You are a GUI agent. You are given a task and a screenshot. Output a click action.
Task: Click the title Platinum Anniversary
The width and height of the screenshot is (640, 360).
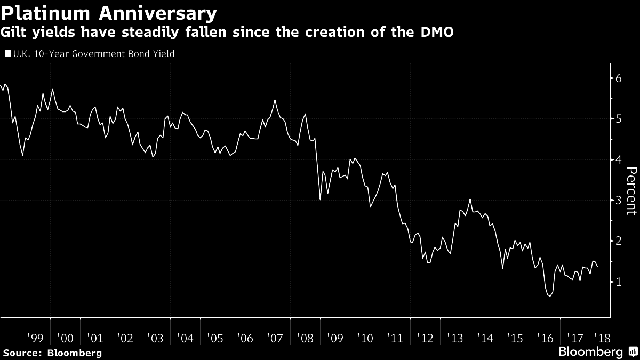(109, 13)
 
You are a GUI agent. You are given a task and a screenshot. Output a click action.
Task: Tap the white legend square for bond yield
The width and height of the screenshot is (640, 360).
(7, 54)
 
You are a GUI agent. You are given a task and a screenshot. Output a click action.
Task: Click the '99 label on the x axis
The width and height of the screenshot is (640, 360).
(36, 338)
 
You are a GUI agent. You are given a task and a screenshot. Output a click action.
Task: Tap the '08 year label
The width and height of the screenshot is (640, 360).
(305, 338)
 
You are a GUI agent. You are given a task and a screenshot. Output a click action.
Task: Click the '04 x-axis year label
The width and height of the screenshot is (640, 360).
(185, 338)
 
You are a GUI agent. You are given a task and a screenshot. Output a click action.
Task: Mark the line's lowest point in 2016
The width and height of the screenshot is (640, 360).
(550, 296)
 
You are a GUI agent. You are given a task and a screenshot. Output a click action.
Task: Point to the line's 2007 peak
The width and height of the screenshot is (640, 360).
(275, 100)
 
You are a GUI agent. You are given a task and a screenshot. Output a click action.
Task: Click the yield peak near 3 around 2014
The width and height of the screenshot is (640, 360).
(470, 199)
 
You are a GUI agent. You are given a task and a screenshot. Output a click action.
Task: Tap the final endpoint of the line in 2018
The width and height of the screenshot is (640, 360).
(597, 266)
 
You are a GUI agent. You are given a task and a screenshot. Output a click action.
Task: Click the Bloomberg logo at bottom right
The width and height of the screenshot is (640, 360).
(590, 352)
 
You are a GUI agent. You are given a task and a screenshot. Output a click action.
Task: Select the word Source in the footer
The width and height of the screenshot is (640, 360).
(22, 353)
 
